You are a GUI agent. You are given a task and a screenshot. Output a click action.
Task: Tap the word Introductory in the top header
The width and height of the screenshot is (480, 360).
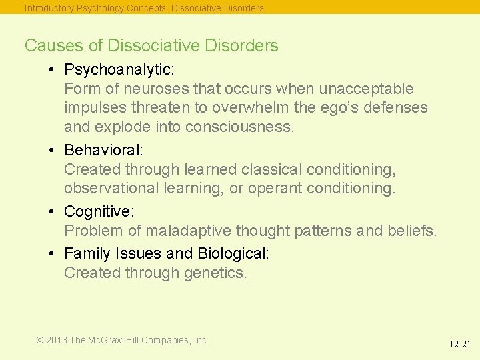[x=50, y=9]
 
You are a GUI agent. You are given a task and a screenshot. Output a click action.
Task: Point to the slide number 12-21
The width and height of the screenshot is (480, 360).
[x=459, y=345]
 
